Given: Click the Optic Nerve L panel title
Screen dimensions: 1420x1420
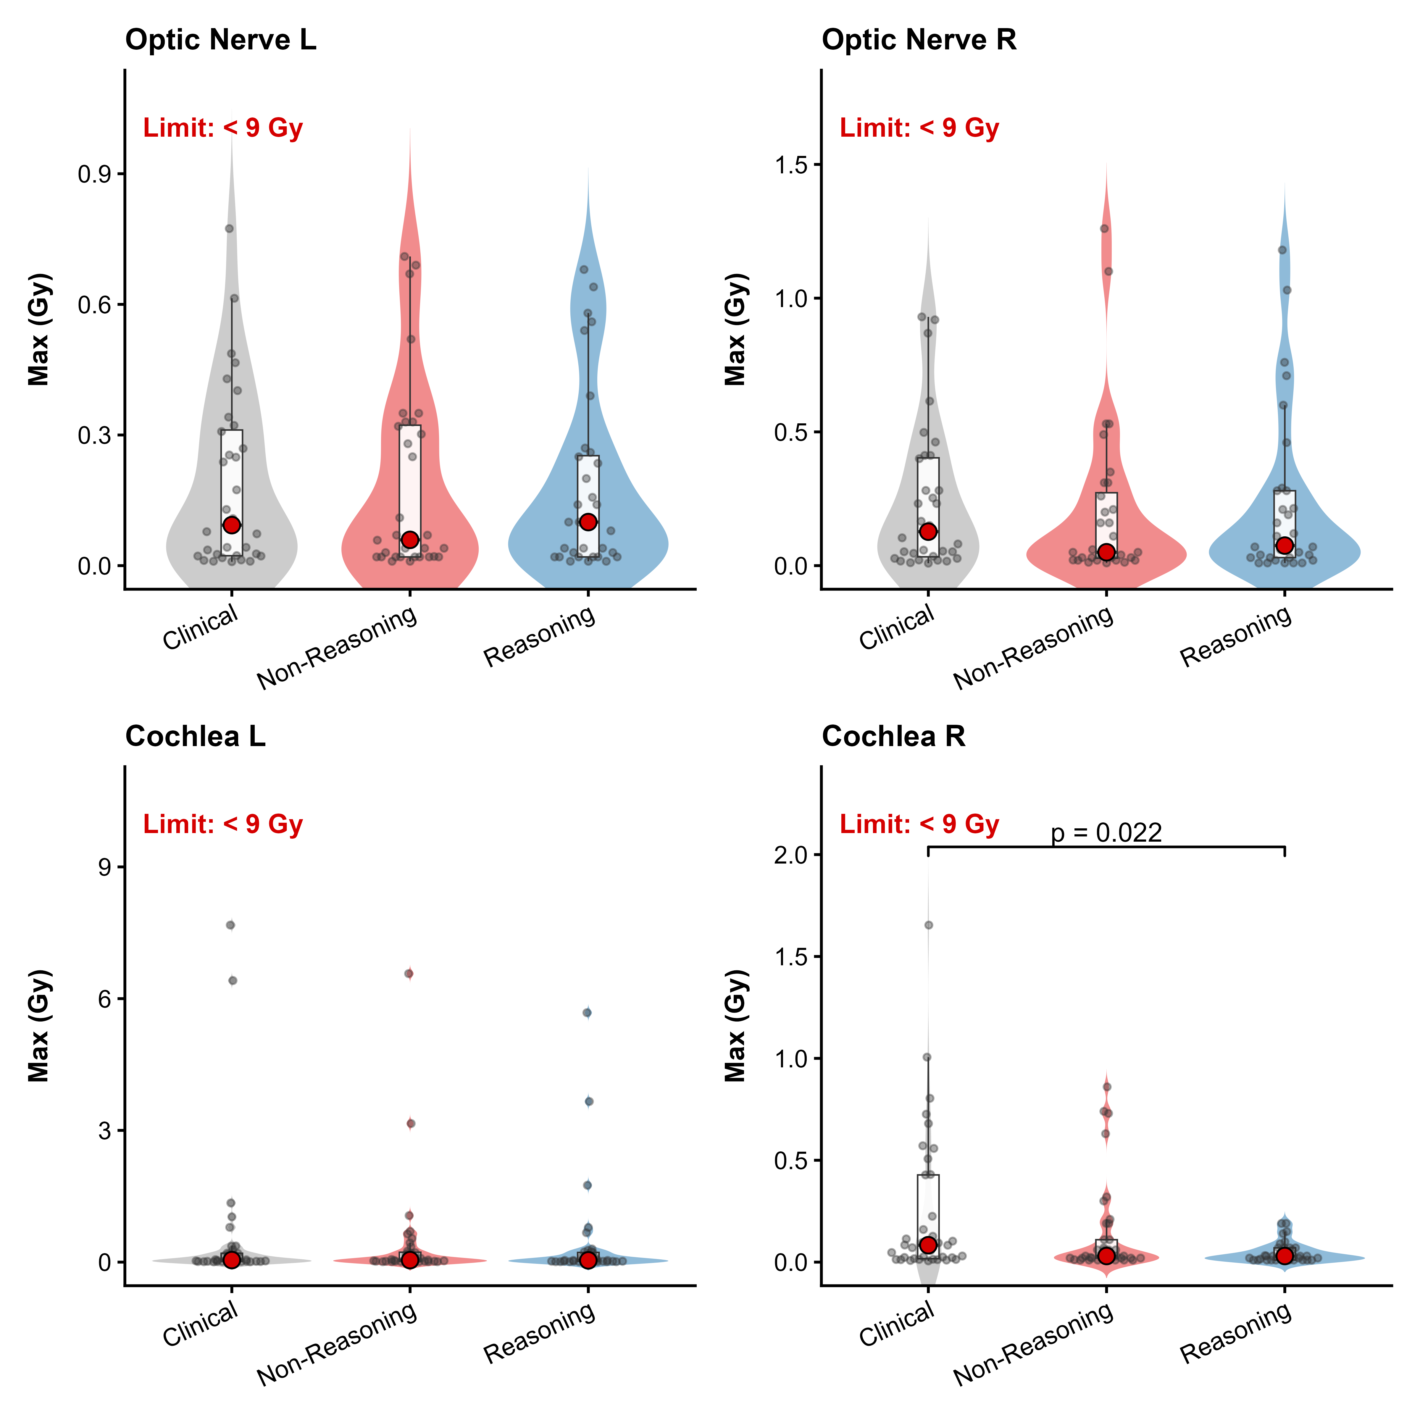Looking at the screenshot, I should (x=220, y=40).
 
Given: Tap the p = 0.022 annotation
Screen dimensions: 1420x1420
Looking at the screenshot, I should (x=1106, y=833).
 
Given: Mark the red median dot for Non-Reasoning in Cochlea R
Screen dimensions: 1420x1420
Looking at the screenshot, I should (x=1106, y=1255).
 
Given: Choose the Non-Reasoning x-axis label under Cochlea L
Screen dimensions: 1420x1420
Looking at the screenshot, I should (x=337, y=1345).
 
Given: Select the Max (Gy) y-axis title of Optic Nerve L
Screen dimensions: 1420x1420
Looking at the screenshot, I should (x=38, y=329).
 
